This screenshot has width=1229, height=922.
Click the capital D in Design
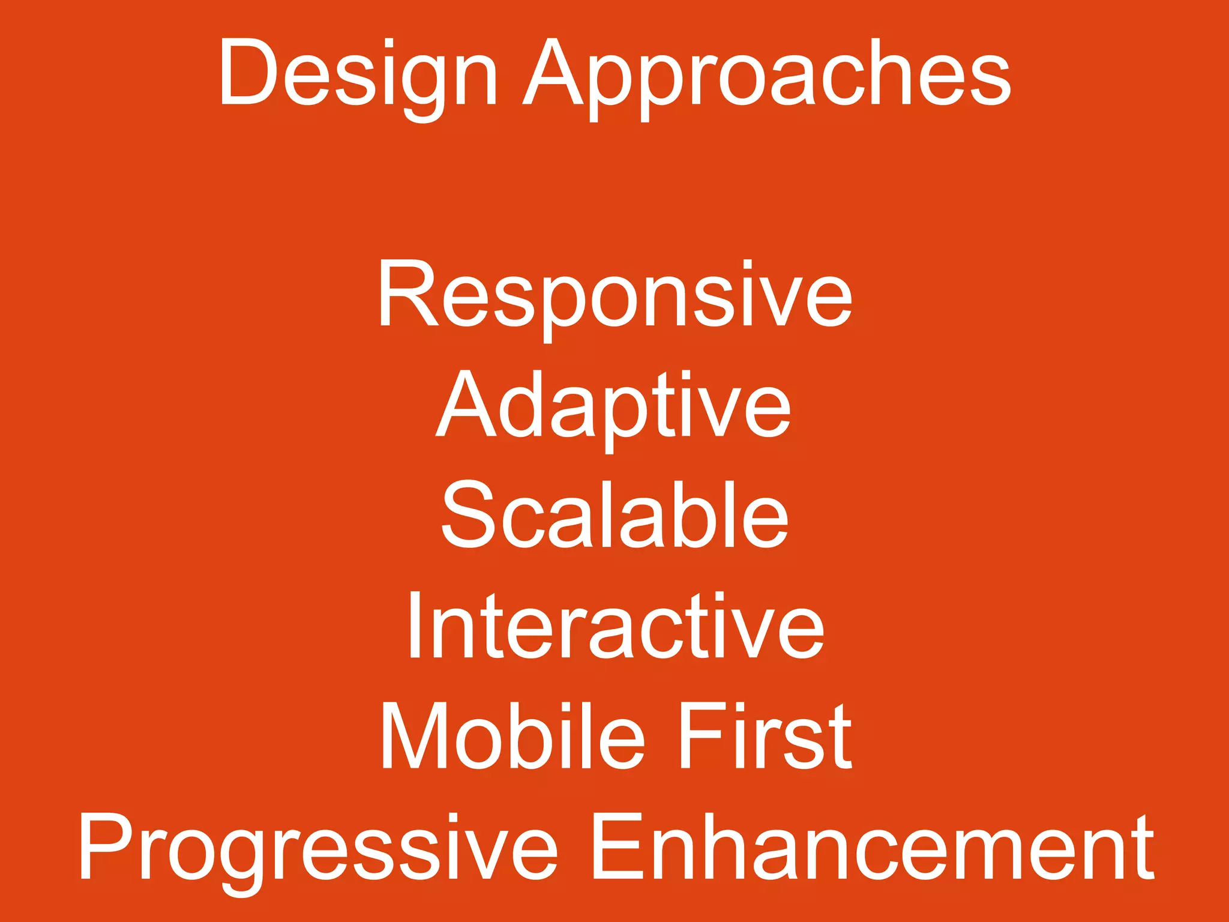point(247,73)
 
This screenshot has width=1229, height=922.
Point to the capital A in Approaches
point(553,73)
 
